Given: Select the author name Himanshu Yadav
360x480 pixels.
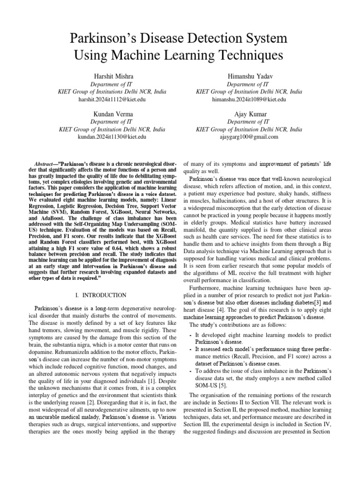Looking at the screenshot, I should point(249,76).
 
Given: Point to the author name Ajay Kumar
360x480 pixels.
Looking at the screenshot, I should point(249,114).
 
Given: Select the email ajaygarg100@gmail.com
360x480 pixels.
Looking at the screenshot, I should point(249,137).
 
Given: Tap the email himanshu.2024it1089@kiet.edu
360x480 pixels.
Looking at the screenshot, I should point(249,99).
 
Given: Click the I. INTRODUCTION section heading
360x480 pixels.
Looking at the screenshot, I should point(101,295).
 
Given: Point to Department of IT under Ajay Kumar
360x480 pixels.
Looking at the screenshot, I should point(249,122).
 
